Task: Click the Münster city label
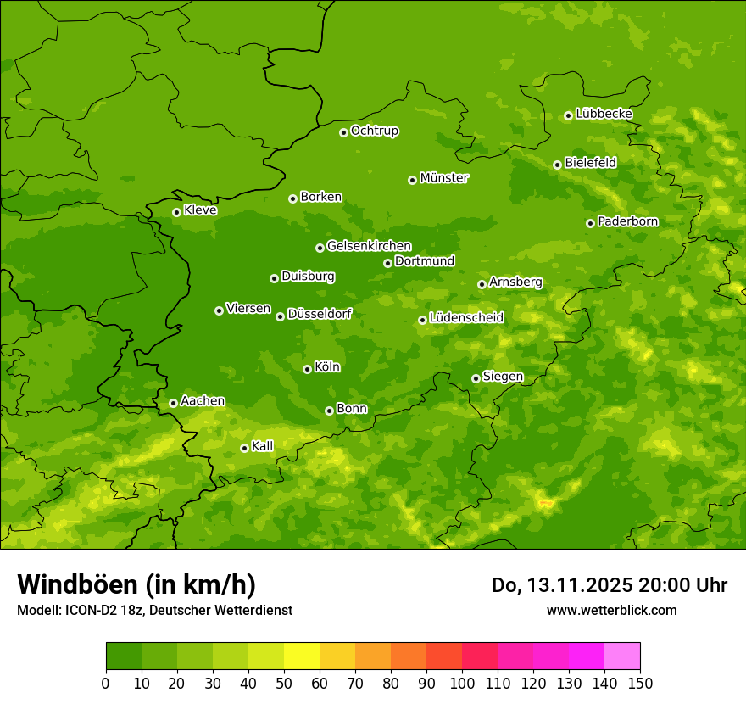click(x=444, y=178)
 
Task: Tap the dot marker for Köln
click(x=307, y=369)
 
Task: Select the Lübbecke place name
click(x=604, y=114)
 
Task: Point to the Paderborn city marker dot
click(x=590, y=223)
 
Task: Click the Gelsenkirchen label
click(x=369, y=246)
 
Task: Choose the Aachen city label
click(x=203, y=401)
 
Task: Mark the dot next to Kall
click(x=244, y=448)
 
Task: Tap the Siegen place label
click(x=503, y=377)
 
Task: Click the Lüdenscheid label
click(x=466, y=318)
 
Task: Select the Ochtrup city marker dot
click(x=343, y=132)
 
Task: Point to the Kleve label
click(x=200, y=210)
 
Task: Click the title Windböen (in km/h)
click(x=136, y=584)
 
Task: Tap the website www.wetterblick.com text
click(x=611, y=610)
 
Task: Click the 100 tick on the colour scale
click(x=462, y=683)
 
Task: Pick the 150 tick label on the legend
click(x=640, y=683)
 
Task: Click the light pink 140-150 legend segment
click(x=622, y=657)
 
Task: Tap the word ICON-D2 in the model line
click(x=91, y=610)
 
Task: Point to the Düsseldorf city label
click(x=320, y=314)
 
